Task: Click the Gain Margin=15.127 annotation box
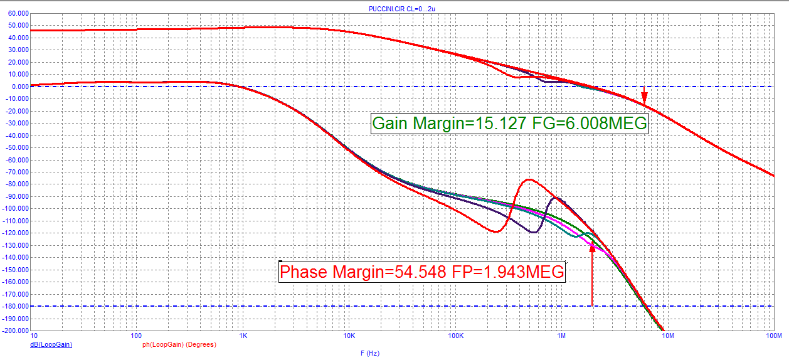click(509, 124)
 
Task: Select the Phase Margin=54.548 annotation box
click(422, 272)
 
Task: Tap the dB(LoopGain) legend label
click(51, 345)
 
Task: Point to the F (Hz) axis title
click(370, 353)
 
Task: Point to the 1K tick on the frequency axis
click(243, 336)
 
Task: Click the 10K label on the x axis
click(349, 336)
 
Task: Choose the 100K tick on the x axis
click(456, 336)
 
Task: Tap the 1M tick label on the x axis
click(562, 336)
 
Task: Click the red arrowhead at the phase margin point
click(592, 248)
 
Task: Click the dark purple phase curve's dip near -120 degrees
click(533, 232)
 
